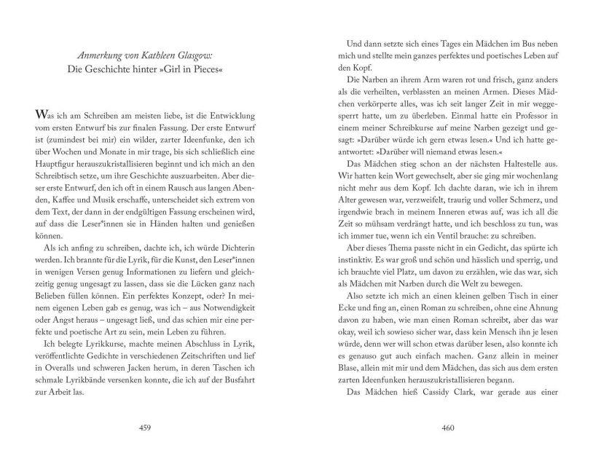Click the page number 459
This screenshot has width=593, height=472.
pyautogui.click(x=164, y=428)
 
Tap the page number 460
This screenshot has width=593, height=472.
pyautogui.click(x=448, y=428)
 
